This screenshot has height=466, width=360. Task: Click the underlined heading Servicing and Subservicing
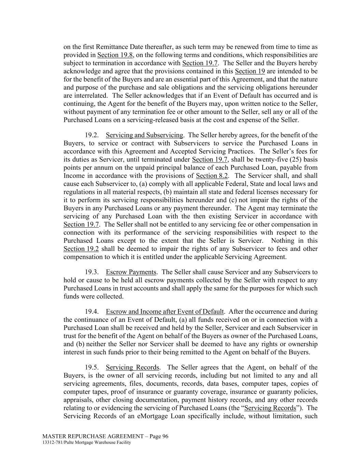(144, 135)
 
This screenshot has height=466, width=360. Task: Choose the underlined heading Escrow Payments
(131, 272)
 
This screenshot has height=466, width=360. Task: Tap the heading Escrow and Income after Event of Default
(165, 312)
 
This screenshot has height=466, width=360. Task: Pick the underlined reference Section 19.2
(81, 249)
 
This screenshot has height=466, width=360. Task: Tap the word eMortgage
(152, 416)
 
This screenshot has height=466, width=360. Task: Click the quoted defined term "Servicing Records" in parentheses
(271, 408)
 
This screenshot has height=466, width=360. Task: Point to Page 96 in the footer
(160, 436)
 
